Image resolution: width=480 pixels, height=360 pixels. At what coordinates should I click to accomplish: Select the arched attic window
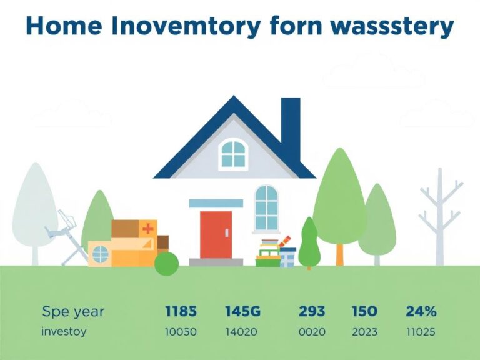point(234,154)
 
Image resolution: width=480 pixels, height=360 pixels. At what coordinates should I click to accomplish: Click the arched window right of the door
point(266,207)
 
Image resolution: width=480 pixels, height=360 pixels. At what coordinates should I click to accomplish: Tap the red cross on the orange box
point(148,229)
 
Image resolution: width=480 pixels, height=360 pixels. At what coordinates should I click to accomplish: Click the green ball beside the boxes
point(166,263)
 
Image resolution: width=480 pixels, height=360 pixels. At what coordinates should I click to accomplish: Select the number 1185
point(181,311)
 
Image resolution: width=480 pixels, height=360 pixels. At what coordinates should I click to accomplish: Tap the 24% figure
point(421,311)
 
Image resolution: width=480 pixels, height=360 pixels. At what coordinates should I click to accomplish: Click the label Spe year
point(73,311)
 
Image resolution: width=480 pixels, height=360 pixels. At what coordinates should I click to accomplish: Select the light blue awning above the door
point(216,203)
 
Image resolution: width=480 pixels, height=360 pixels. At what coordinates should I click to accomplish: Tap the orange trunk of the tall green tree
point(339,253)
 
